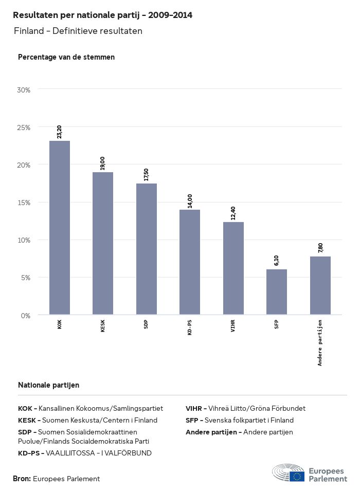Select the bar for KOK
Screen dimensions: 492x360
pyautogui.click(x=60, y=227)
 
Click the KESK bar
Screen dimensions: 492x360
pyautogui.click(x=103, y=243)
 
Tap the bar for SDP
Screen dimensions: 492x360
pyautogui.click(x=147, y=249)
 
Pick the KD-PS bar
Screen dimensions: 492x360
pyautogui.click(x=190, y=262)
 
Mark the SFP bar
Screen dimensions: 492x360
pyautogui.click(x=277, y=291)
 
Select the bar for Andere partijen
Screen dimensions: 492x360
pyautogui.click(x=320, y=285)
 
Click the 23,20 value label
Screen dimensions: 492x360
pyautogui.click(x=60, y=132)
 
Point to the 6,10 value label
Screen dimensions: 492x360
pyautogui.click(x=277, y=260)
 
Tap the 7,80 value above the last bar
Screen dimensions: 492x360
pyautogui.click(x=320, y=247)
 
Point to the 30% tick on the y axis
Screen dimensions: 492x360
pyautogui.click(x=24, y=90)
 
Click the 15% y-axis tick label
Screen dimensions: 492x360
pyautogui.click(x=24, y=203)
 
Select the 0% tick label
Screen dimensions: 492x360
pyautogui.click(x=26, y=315)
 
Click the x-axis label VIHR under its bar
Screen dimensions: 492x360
pyautogui.click(x=233, y=326)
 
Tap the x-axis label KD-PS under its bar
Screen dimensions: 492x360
pyautogui.click(x=190, y=327)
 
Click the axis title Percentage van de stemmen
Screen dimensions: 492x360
pyautogui.click(x=66, y=57)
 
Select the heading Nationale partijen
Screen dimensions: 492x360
pyautogui.click(x=48, y=385)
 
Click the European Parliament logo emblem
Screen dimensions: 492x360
pyautogui.click(x=289, y=472)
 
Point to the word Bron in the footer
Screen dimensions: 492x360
pyautogui.click(x=22, y=479)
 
